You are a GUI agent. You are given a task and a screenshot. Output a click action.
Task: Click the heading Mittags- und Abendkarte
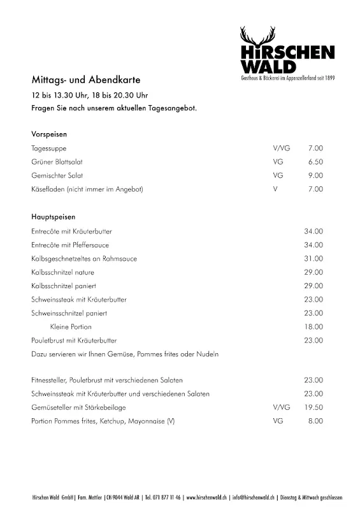click(x=85, y=80)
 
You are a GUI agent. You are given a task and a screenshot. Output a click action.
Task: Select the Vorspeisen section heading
click(x=49, y=135)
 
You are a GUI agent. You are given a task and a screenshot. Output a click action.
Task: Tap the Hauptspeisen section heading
click(x=53, y=217)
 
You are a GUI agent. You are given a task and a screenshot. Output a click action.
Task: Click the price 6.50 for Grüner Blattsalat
click(x=315, y=162)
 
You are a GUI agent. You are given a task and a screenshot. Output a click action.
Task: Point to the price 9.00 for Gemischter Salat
click(x=315, y=175)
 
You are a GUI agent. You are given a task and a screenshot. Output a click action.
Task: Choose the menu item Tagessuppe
click(x=49, y=149)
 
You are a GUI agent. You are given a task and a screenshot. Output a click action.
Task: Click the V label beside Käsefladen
click(x=275, y=189)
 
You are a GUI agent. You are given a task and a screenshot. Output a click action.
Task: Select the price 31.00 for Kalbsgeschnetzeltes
click(x=313, y=259)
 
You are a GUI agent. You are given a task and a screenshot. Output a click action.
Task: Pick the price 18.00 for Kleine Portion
click(x=313, y=326)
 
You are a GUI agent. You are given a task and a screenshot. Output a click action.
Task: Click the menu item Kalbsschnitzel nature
click(x=62, y=272)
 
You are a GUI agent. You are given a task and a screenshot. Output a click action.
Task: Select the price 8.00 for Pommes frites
click(x=315, y=421)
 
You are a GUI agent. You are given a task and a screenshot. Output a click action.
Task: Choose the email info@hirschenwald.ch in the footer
click(x=254, y=497)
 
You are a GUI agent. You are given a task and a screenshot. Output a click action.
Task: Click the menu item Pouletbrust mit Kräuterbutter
click(x=74, y=340)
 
